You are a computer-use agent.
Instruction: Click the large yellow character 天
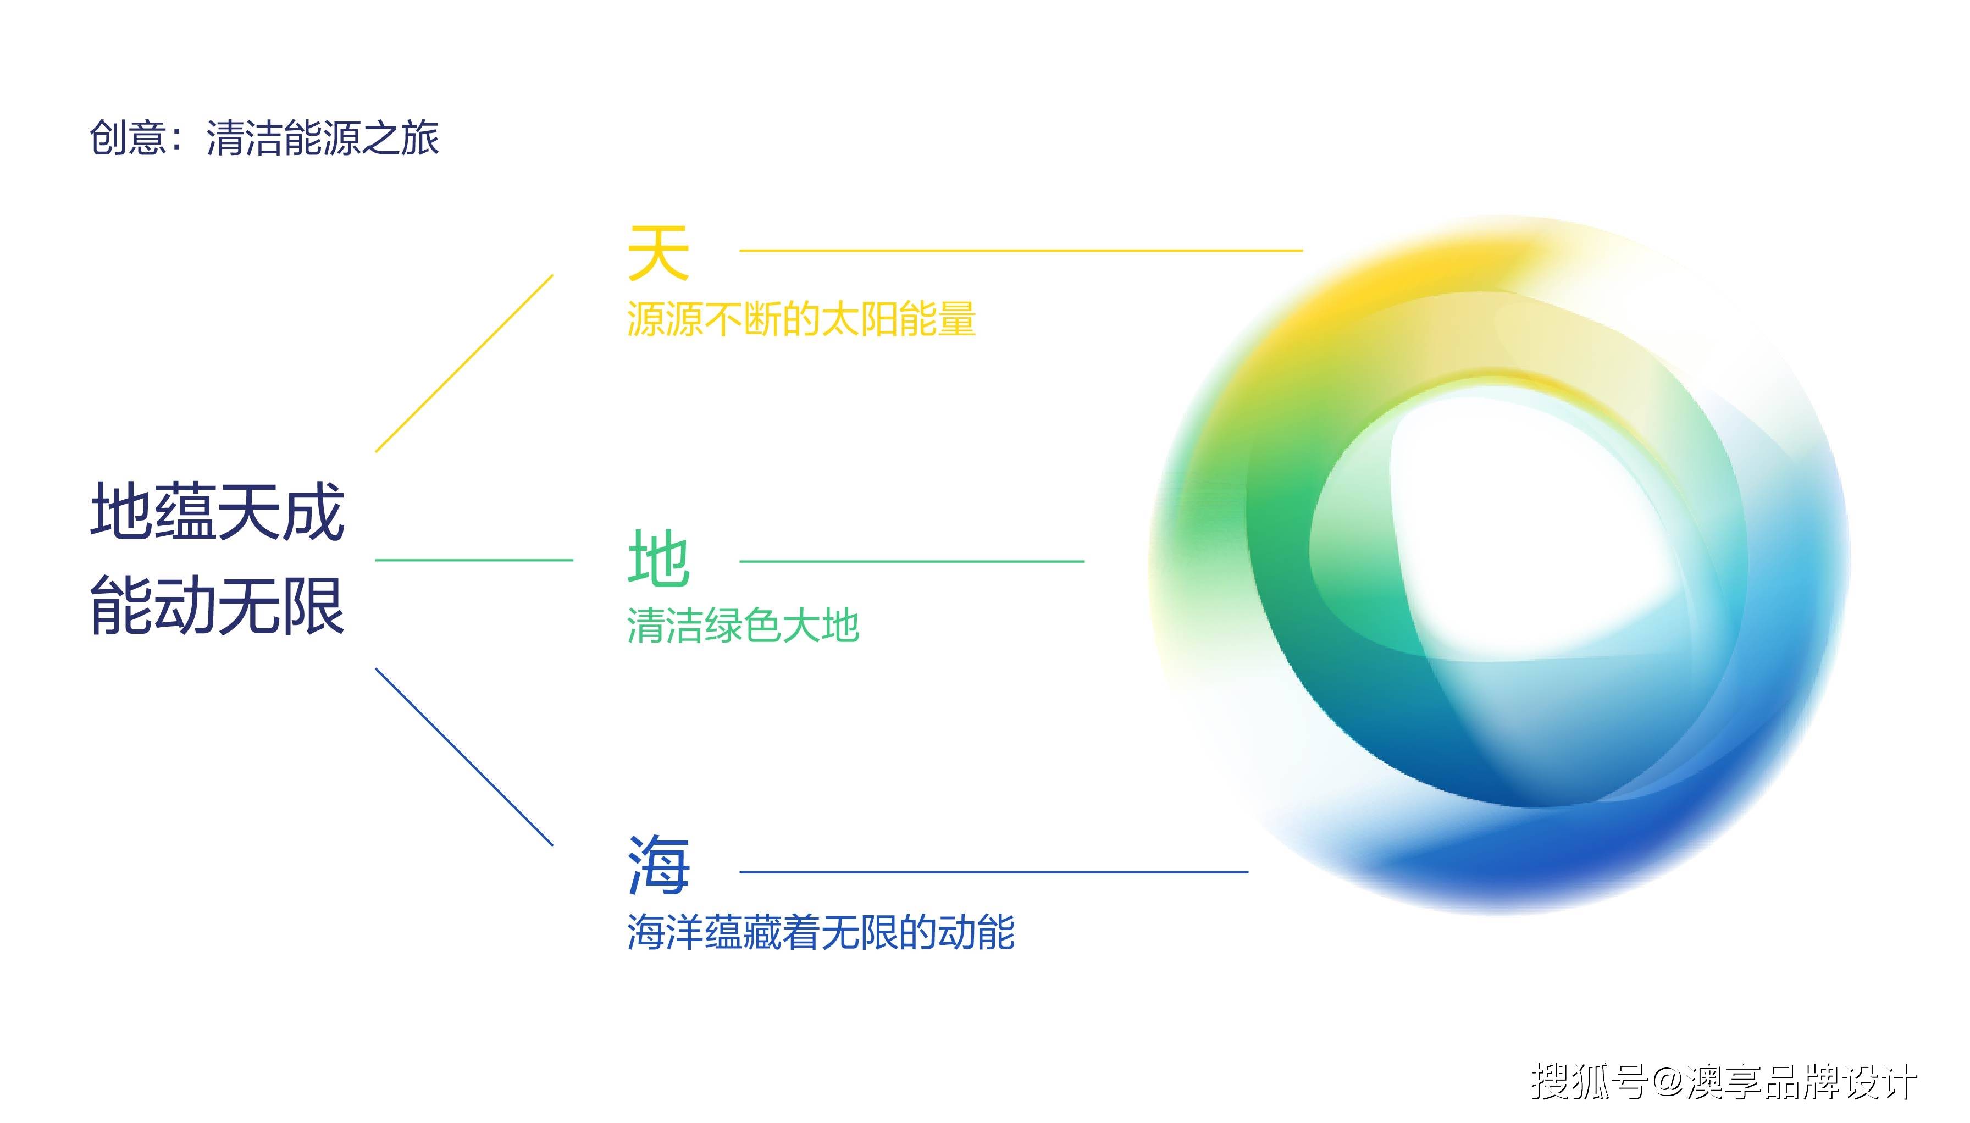(x=658, y=252)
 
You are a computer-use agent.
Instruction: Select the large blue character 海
(x=658, y=865)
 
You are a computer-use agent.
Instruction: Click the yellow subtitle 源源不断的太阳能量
(x=801, y=319)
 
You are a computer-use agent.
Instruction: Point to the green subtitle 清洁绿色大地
(x=743, y=625)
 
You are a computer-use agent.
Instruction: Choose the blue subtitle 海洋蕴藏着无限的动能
(x=821, y=932)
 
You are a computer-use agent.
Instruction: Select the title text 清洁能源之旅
(x=322, y=138)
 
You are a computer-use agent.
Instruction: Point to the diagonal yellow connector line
(x=464, y=363)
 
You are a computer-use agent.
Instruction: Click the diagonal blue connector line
(x=464, y=756)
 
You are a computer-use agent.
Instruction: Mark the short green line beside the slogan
(x=474, y=560)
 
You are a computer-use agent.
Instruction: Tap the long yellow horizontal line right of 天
(x=1021, y=250)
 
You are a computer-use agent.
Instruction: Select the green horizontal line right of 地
(x=912, y=561)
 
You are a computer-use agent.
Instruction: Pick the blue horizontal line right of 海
(x=994, y=872)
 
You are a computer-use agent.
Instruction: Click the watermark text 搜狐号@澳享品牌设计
(x=1724, y=1081)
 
